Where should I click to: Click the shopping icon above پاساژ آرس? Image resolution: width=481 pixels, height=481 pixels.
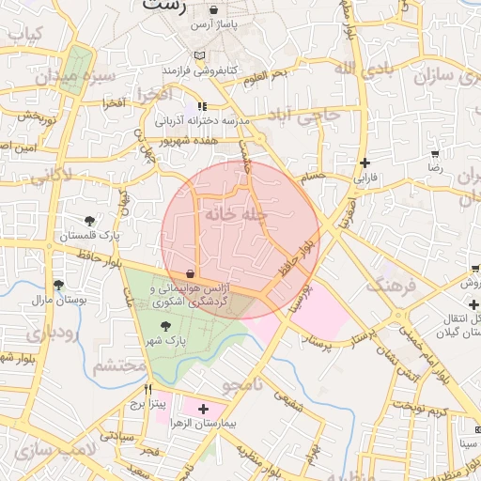(x=214, y=11)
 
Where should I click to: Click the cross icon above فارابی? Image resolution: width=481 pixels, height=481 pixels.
(x=365, y=162)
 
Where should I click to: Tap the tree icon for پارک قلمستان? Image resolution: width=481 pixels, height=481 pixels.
(x=89, y=221)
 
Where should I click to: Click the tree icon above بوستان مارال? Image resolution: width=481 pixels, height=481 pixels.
(x=58, y=285)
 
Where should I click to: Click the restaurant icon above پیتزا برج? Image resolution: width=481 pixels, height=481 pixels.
(x=147, y=388)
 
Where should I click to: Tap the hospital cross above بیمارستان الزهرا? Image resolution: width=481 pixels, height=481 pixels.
(x=203, y=409)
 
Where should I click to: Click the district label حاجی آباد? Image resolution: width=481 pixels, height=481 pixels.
(x=316, y=116)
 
